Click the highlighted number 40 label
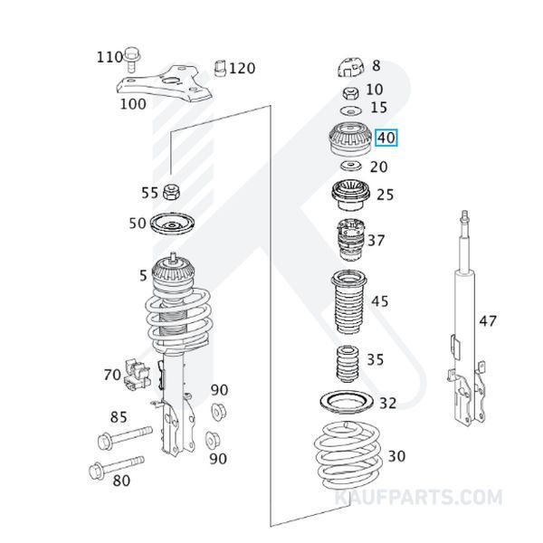pyautogui.click(x=386, y=138)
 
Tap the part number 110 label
pyautogui.click(x=110, y=57)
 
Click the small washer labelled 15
pyautogui.click(x=348, y=109)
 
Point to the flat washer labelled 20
pyautogui.click(x=348, y=167)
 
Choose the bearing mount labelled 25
pyautogui.click(x=348, y=195)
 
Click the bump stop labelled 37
pyautogui.click(x=348, y=241)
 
